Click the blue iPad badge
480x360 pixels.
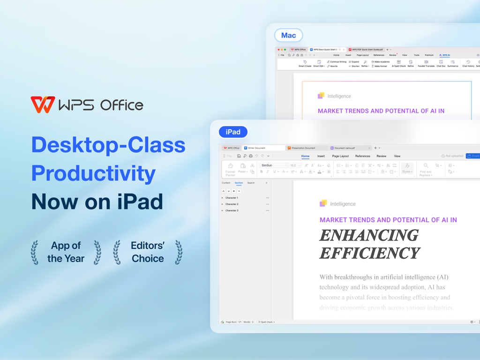(233, 132)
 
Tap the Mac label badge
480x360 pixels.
(288, 35)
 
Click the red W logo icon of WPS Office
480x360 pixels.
(43, 105)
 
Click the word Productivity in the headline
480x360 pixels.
(93, 173)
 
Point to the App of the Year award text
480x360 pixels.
(66, 252)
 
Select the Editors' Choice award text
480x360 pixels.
(148, 252)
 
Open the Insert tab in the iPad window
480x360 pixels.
(321, 156)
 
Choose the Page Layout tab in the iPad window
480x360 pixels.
(340, 156)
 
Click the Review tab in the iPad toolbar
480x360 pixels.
(381, 156)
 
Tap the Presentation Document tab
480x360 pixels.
(303, 148)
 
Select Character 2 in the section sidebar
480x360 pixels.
(232, 204)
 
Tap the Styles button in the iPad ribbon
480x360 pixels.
(407, 168)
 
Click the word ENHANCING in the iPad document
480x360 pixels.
(369, 235)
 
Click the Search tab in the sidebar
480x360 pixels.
(251, 183)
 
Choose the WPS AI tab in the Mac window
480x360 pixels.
(444, 55)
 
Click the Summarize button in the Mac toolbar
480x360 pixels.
(453, 64)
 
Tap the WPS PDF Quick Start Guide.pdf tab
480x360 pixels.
(367, 49)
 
